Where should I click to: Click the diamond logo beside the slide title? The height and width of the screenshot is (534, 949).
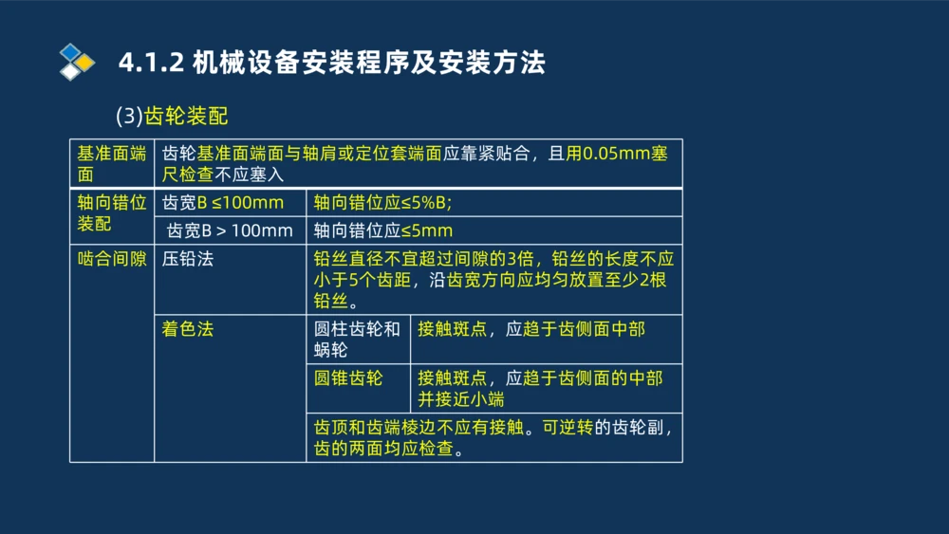pos(77,62)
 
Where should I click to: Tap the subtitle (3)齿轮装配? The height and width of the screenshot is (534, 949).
pos(172,116)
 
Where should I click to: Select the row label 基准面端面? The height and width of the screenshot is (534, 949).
pos(111,163)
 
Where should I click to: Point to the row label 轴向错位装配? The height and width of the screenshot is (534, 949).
pos(111,213)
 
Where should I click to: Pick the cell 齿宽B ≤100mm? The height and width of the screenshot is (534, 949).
pos(223,203)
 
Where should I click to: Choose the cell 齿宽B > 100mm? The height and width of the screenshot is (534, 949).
pos(230,230)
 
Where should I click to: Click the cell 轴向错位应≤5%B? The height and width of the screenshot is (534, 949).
pos(382,203)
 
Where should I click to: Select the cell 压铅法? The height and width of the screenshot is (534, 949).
pos(188,258)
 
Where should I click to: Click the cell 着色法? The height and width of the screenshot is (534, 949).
pos(188,328)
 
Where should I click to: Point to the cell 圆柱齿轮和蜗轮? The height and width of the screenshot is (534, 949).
pos(357,339)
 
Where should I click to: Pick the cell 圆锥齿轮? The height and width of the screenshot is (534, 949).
pos(348,377)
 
